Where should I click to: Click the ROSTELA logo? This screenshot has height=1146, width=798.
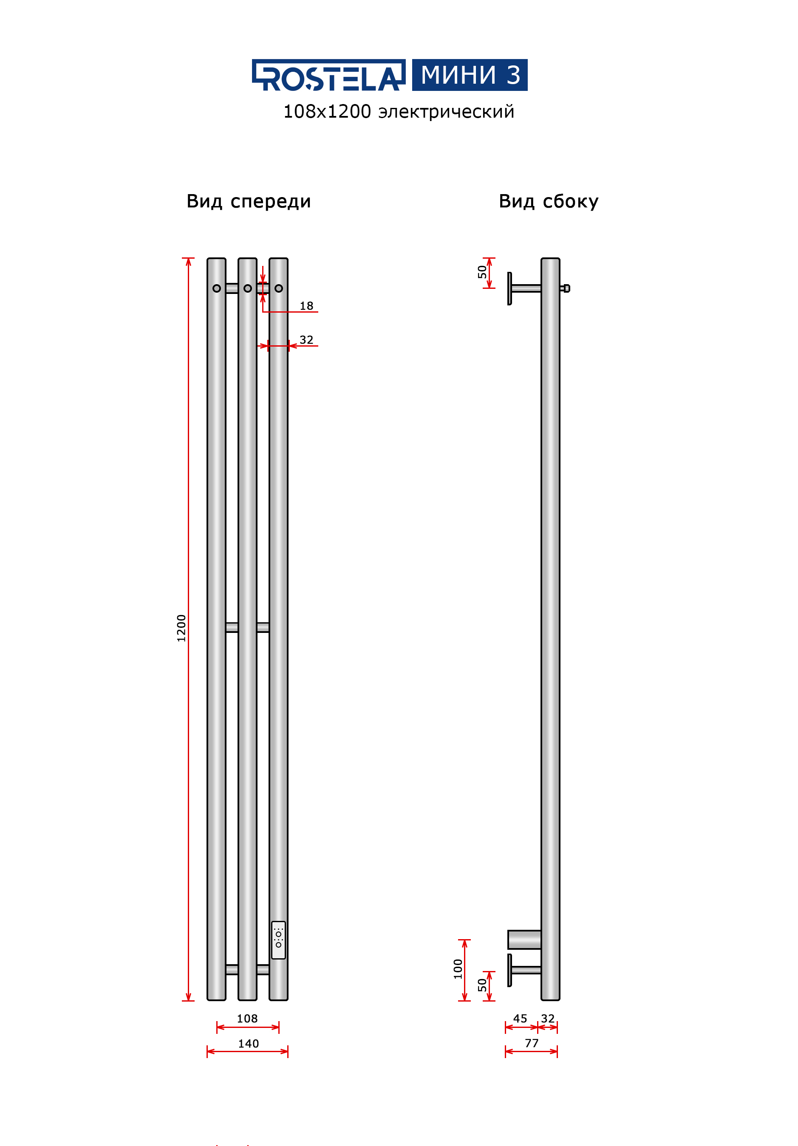click(328, 75)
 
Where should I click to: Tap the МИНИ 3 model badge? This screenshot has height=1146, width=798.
click(470, 75)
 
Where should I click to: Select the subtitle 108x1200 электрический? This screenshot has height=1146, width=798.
click(399, 112)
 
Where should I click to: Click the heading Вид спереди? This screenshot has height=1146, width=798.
click(249, 202)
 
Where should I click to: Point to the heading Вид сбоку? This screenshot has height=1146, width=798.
click(548, 202)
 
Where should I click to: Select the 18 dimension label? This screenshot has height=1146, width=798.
click(306, 306)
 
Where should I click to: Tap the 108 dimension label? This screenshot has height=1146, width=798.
click(247, 1018)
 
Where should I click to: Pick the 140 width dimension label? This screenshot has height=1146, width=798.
click(248, 1043)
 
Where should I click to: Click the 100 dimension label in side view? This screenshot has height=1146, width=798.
click(458, 969)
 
